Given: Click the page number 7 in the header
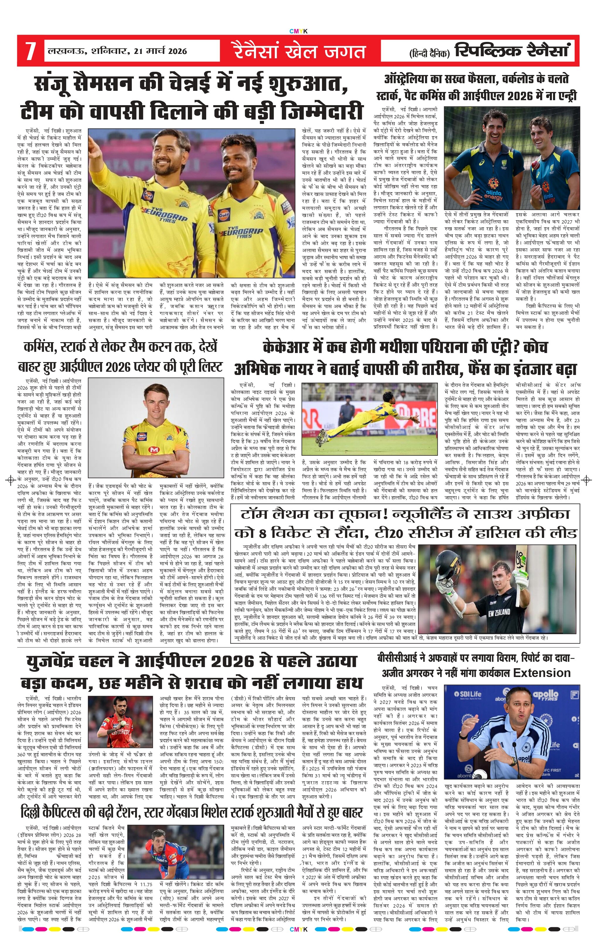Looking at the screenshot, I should [30, 51].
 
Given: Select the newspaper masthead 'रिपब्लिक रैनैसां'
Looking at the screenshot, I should [512, 51].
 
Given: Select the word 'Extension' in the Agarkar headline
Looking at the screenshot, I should [542, 673].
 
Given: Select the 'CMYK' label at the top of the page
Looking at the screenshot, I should [298, 31].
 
